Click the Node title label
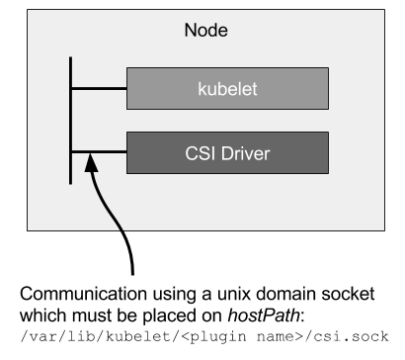(x=205, y=31)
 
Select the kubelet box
(x=227, y=88)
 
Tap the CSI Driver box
(x=227, y=152)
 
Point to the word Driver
(x=245, y=153)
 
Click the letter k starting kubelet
(x=201, y=89)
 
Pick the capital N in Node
(x=191, y=31)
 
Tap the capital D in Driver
(x=226, y=153)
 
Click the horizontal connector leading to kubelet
(x=99, y=88)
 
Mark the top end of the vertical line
(x=71, y=58)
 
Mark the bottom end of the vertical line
(x=71, y=183)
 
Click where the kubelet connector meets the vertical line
(x=71, y=88)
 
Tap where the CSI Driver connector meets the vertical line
(x=71, y=152)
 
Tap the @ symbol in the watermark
(x=329, y=344)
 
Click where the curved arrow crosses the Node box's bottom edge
(x=121, y=229)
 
